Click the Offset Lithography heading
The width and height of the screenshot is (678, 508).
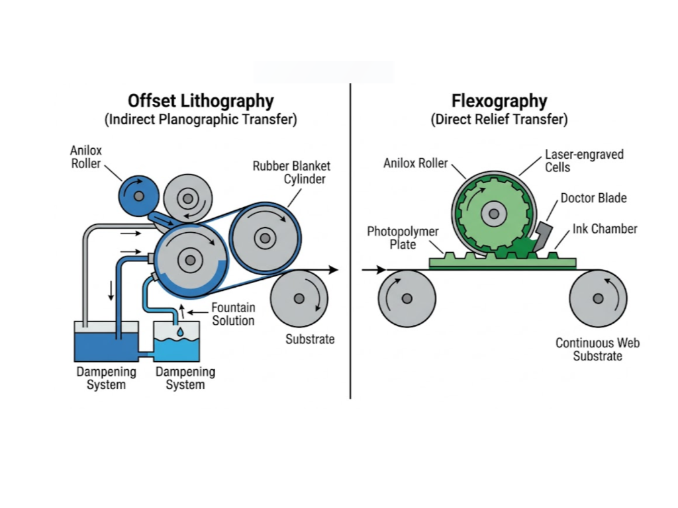click(x=201, y=101)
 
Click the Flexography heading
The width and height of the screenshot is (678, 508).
click(x=499, y=101)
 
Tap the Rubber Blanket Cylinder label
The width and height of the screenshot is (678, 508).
click(x=291, y=172)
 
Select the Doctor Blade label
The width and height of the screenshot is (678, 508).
click(x=593, y=198)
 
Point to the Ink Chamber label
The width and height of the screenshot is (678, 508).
click(x=605, y=229)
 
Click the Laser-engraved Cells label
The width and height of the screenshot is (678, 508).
click(x=584, y=161)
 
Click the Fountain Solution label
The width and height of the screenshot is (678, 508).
click(x=233, y=314)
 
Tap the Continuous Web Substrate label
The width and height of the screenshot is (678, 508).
click(x=597, y=349)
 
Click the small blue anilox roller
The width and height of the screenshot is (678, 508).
click(x=138, y=196)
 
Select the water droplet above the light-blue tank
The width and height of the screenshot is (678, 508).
click(x=180, y=331)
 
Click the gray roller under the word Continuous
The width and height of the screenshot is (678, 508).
click(x=598, y=298)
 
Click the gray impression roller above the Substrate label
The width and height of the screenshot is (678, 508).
click(x=299, y=298)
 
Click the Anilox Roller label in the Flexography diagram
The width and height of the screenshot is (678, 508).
click(x=415, y=163)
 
